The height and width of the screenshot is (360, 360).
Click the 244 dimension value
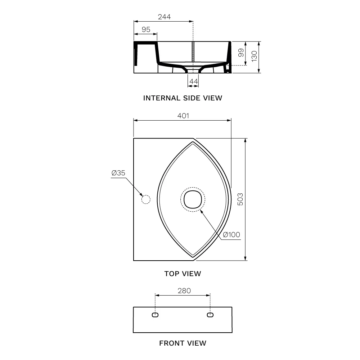(x=164, y=17)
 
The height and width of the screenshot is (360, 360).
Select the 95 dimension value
(x=146, y=30)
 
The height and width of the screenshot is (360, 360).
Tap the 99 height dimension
(x=241, y=53)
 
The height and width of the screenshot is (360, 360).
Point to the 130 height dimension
(x=254, y=56)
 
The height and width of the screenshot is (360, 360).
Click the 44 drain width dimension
(x=194, y=81)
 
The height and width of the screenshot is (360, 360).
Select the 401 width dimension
(x=183, y=116)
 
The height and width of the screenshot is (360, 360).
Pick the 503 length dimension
(x=240, y=199)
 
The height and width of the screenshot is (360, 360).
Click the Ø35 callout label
(x=118, y=173)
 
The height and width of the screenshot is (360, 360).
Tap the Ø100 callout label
(x=231, y=235)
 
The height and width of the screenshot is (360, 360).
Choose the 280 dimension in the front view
(x=184, y=291)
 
